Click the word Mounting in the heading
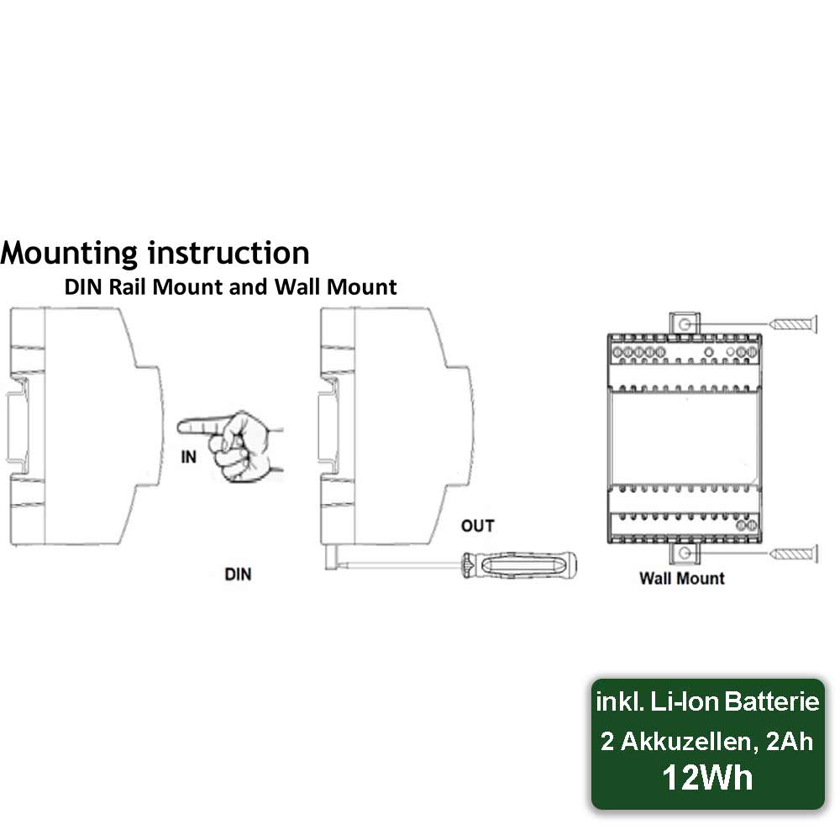pos(69,253)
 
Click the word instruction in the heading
pos(228,252)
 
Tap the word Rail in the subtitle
pos(128,287)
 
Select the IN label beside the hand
pos(188,457)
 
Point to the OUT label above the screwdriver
pos(477,526)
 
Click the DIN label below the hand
pos(238,575)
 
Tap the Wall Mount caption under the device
pos(681,579)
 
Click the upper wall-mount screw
pos(794,324)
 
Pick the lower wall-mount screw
pos(794,554)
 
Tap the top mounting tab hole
pos(684,324)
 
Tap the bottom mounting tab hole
pos(684,554)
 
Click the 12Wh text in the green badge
pos(707,777)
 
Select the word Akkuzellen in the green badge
pos(690,742)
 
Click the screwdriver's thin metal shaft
pos(402,564)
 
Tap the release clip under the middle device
pos(331,558)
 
